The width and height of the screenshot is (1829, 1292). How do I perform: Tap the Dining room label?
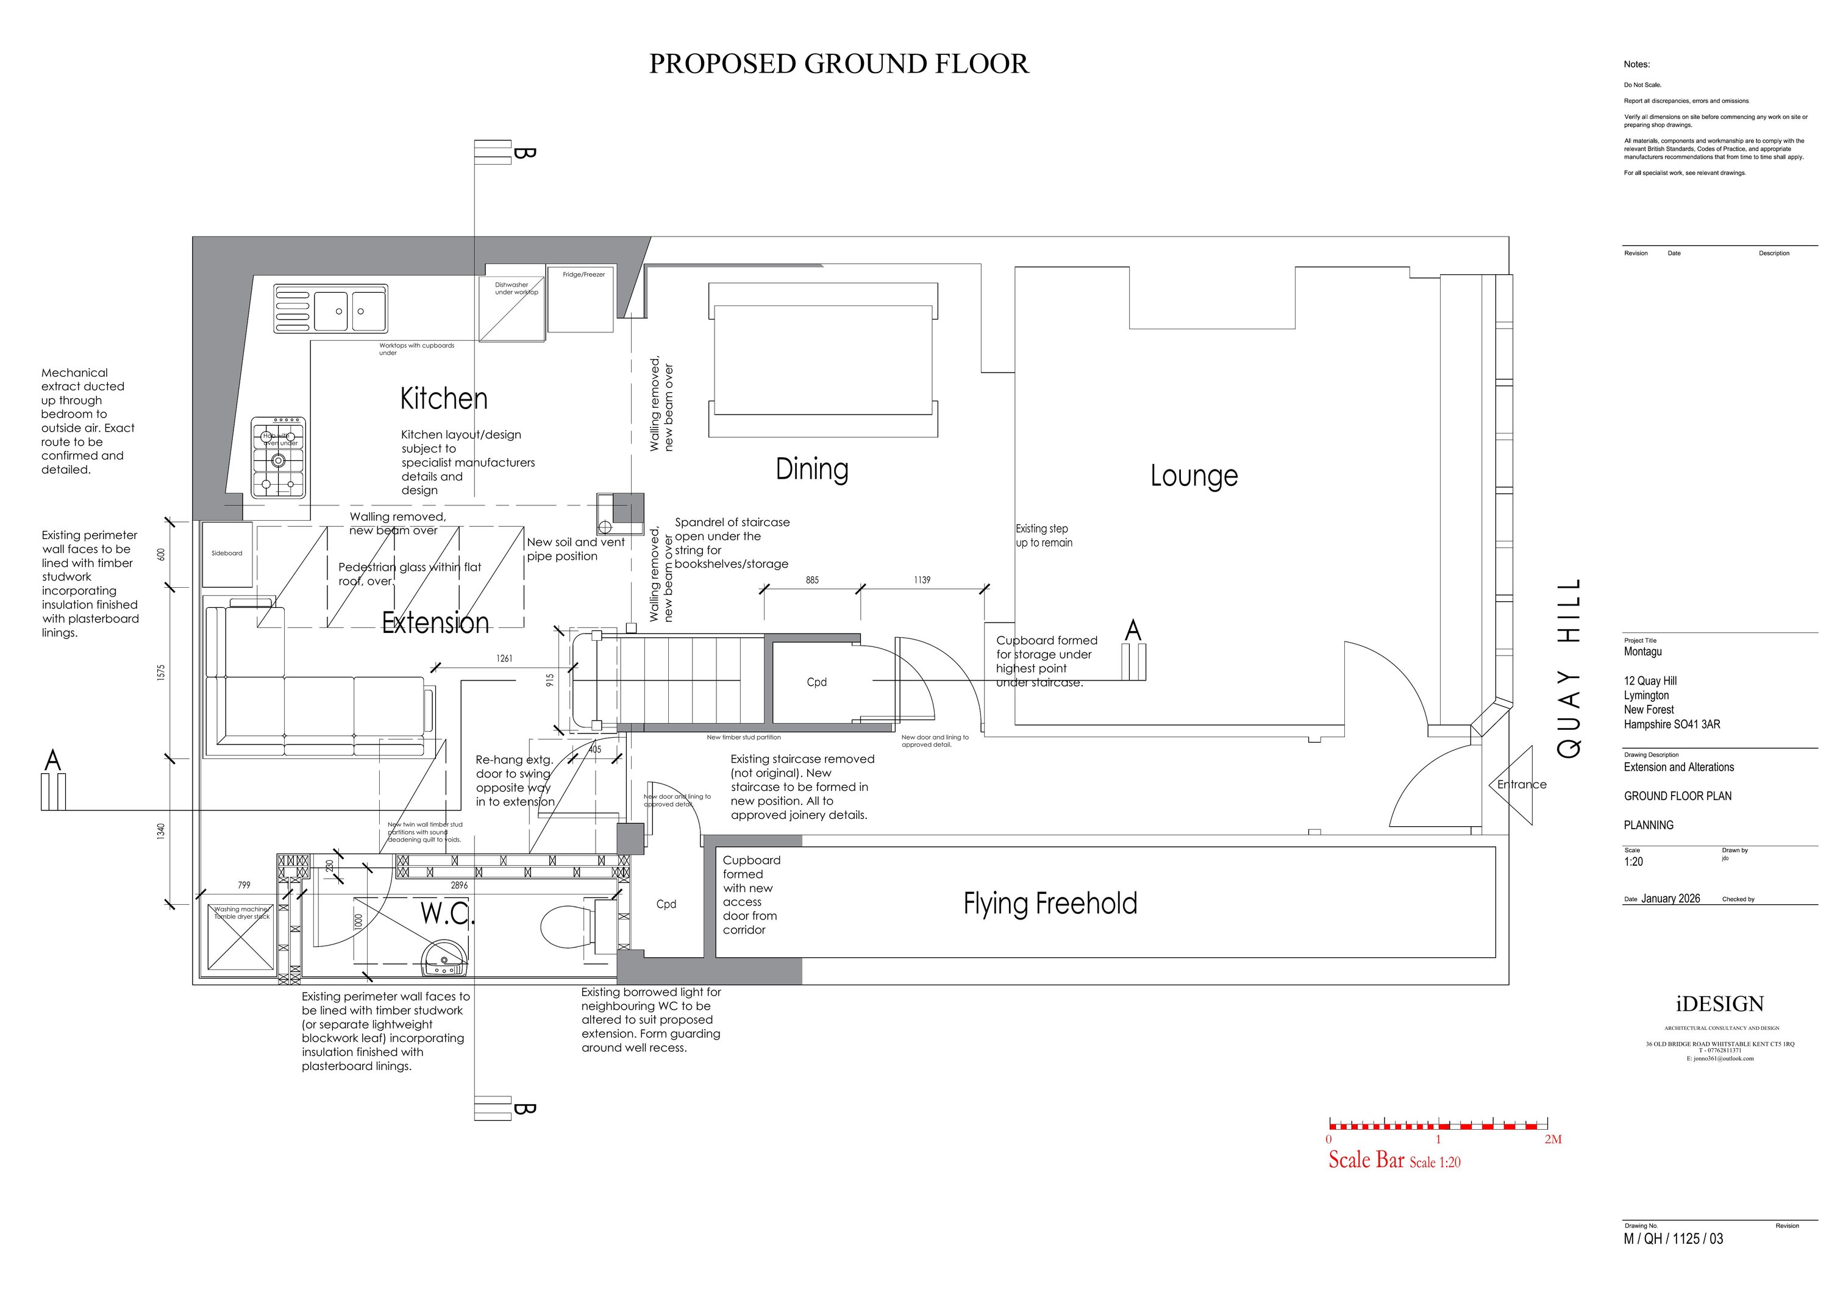pos(811,469)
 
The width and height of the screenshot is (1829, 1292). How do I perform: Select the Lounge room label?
pos(1193,476)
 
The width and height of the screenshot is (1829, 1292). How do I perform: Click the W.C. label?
pos(447,913)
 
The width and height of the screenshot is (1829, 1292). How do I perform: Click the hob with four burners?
pos(279,457)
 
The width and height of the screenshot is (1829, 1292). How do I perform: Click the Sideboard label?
pos(227,553)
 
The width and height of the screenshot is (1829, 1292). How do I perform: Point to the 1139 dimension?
pos(922,580)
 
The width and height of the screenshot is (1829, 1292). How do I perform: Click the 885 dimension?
pos(811,580)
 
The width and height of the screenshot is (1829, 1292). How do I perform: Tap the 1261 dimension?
pos(504,658)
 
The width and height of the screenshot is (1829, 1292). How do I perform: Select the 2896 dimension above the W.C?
pos(459,885)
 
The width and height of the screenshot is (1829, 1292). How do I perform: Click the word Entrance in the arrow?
pos(1522,785)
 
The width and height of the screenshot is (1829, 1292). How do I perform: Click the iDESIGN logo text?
pos(1719,1004)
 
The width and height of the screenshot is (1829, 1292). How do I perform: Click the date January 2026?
pos(1670,899)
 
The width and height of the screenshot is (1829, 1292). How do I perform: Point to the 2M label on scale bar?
pos(1553,1140)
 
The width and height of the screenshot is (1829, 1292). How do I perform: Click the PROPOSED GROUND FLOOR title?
pos(838,64)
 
